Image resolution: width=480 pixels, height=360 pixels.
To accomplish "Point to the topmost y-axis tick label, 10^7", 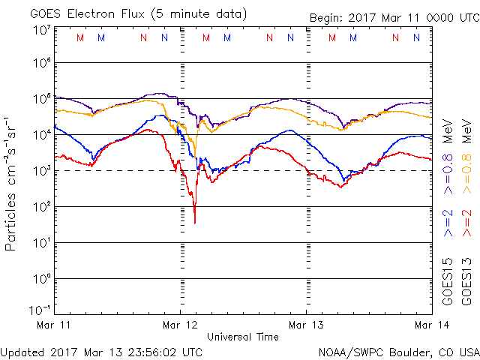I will [x=41, y=30].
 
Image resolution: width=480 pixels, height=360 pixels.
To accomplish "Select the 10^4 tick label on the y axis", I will [x=41, y=134].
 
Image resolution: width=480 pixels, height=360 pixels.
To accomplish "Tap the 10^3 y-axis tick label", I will [x=41, y=170].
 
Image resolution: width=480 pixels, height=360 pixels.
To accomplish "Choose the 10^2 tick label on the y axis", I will [x=41, y=206].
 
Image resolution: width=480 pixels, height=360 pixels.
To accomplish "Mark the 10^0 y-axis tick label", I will [x=41, y=278].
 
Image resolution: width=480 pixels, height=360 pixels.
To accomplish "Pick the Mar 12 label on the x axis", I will [x=181, y=325].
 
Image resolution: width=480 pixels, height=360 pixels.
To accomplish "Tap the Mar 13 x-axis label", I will [x=306, y=325].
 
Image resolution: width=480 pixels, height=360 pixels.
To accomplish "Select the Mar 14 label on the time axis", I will [x=430, y=325].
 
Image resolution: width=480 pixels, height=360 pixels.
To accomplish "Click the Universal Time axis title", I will [x=242, y=337].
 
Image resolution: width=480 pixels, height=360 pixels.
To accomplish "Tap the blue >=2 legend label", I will [x=448, y=223].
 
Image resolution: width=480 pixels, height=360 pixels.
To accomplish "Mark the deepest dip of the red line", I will [x=195, y=222].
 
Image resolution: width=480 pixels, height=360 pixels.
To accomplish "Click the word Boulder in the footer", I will [x=407, y=351].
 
